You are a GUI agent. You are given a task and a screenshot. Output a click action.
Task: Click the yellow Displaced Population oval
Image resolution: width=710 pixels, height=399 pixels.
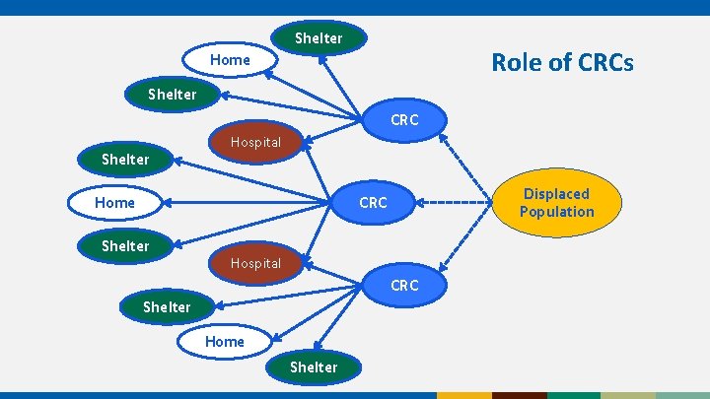[557, 203]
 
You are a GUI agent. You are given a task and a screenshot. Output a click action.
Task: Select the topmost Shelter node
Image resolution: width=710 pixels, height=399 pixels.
[319, 38]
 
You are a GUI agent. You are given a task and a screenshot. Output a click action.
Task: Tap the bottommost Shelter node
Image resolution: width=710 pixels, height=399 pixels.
[314, 366]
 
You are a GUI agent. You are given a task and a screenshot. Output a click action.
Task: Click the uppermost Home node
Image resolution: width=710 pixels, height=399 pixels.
[230, 60]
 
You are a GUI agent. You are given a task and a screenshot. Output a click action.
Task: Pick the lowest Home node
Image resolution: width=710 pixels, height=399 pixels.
[225, 341]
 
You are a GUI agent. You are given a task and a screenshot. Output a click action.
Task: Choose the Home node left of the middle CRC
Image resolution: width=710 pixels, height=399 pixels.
[114, 203]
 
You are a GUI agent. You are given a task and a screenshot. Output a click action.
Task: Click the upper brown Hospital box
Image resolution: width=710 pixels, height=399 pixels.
[255, 143]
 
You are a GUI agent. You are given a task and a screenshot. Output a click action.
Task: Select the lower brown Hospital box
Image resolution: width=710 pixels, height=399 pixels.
[255, 263]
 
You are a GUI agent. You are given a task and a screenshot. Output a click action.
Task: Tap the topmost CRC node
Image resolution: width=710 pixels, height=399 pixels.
[404, 119]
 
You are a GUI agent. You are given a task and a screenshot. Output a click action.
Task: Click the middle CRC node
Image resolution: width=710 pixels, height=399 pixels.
[373, 203]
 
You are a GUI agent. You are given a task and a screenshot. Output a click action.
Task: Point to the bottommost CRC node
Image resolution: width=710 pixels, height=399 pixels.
[404, 286]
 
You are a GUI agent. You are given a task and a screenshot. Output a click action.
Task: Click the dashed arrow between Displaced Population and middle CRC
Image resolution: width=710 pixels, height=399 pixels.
[454, 204]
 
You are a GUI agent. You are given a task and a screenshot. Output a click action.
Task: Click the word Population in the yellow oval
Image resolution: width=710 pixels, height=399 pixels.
[557, 212]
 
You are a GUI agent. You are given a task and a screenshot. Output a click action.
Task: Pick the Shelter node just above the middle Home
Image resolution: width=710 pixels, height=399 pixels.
[125, 160]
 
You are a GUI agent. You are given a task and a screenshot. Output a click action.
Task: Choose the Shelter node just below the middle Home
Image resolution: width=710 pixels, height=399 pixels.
[125, 246]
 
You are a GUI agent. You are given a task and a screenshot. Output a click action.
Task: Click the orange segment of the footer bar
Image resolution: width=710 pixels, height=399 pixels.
[463, 395]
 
